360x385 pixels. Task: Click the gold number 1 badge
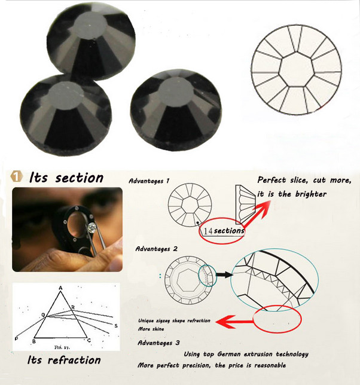(17, 176)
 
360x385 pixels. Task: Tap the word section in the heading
(79, 178)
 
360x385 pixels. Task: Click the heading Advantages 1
(149, 181)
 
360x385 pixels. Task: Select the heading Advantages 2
(156, 249)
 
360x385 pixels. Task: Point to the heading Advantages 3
(158, 343)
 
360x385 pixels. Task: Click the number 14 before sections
(208, 231)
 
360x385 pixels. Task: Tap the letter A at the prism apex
(60, 288)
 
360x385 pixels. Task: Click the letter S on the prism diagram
(116, 326)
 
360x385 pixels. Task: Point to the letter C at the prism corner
(89, 340)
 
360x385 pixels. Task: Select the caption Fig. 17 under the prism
(62, 347)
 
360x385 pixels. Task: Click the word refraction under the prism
(74, 360)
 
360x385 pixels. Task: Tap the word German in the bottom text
(229, 354)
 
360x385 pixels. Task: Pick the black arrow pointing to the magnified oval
(224, 274)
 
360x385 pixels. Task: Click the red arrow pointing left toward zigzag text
(234, 322)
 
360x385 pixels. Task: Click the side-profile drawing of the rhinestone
(245, 204)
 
